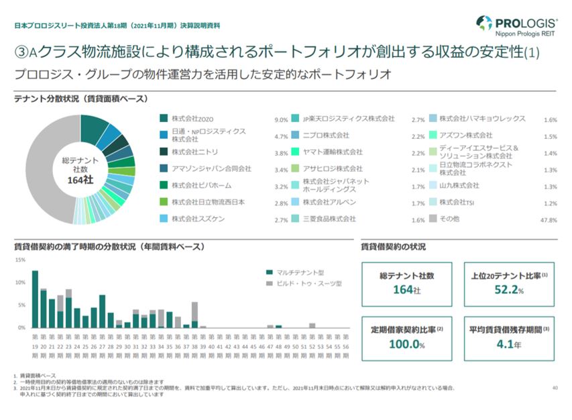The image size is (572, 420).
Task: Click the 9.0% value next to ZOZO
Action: (x=281, y=120)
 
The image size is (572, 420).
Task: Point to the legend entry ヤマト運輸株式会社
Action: (x=332, y=152)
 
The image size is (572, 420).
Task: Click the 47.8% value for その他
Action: (x=549, y=220)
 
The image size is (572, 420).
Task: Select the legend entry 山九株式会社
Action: (x=459, y=185)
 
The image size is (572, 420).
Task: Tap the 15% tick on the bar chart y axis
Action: (x=20, y=260)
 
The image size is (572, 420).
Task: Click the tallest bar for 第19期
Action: (x=35, y=299)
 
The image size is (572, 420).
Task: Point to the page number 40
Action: (x=554, y=388)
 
